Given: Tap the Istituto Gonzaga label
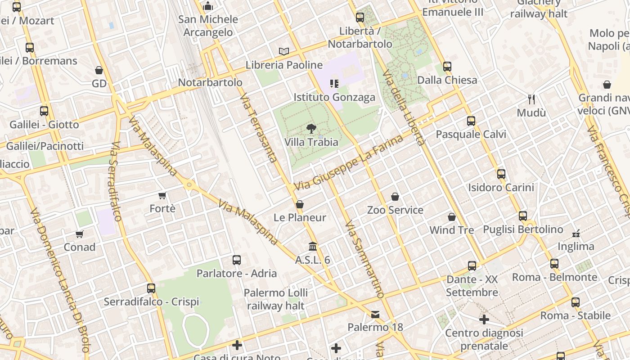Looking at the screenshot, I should click(334, 97).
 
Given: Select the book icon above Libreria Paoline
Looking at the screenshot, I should click(284, 51).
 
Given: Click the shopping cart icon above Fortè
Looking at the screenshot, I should click(162, 195).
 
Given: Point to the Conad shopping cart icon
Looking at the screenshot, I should click(80, 234).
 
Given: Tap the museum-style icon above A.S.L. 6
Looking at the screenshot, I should click(313, 247).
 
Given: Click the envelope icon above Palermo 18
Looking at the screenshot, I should click(375, 314).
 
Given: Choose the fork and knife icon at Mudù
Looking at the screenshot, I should click(531, 99).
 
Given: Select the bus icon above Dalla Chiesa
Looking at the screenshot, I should click(447, 67).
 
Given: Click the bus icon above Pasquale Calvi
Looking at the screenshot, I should click(471, 121).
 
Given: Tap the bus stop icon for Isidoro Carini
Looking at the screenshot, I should click(501, 174).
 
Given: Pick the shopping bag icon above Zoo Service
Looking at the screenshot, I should click(395, 197).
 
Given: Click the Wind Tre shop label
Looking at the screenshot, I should click(451, 230).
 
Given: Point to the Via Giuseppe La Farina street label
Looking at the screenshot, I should click(349, 163).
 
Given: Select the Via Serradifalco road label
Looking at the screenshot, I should click(115, 182).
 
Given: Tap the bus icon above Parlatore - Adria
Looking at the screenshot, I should click(237, 260).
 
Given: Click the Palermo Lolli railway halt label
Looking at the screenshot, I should click(275, 299).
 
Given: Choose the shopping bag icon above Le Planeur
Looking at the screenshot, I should click(300, 204).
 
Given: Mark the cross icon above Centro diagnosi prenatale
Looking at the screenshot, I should click(484, 319).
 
